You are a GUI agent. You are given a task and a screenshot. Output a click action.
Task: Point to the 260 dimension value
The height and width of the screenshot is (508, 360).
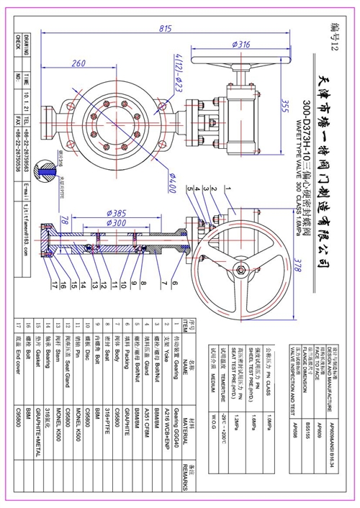tap(79, 64)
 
